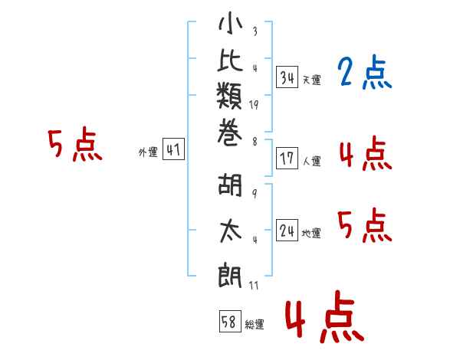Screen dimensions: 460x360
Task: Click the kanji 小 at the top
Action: coord(230,23)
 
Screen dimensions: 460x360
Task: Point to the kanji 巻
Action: coord(230,133)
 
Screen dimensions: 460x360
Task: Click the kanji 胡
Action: coord(230,185)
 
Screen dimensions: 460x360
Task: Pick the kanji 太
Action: coord(231,231)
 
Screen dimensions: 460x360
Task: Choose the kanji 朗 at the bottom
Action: coord(230,275)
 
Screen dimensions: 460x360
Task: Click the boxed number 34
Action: coord(287,77)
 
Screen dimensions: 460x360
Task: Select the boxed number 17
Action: coord(287,159)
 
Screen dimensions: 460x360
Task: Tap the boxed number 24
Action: coord(287,230)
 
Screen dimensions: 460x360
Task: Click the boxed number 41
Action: coord(173,149)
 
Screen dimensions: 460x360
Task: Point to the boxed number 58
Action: coord(230,321)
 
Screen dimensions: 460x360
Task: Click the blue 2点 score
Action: coord(365,72)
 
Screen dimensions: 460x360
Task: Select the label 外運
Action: coord(148,152)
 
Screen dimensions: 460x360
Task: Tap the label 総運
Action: coord(255,324)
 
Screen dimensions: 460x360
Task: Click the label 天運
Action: coord(312,80)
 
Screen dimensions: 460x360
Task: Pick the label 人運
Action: coord(312,161)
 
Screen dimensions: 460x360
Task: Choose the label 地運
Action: coord(311,233)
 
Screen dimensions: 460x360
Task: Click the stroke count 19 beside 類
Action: coord(254,105)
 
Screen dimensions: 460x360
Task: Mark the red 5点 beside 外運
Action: coord(75,145)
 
